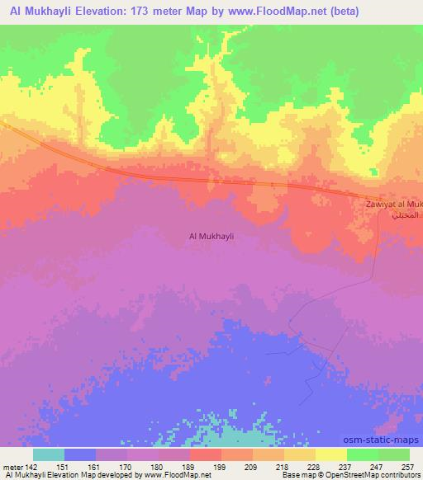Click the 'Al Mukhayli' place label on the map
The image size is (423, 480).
pos(211,236)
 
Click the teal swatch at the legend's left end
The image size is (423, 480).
pos(49,454)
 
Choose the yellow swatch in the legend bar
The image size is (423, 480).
pos(331,454)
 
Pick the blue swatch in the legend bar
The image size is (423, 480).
pos(80,454)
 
